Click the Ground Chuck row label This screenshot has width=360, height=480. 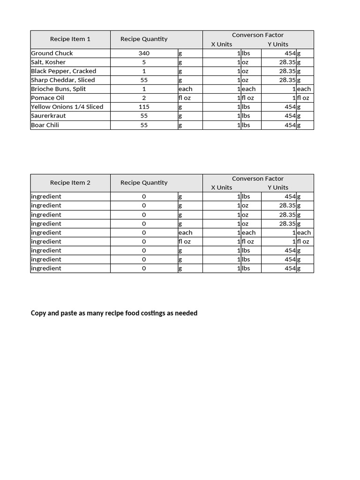[x=52, y=53]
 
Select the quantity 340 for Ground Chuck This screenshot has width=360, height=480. [x=144, y=53]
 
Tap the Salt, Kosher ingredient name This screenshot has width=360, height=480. [x=48, y=62]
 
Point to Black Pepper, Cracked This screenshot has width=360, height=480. [x=63, y=71]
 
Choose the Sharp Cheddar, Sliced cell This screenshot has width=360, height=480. [x=63, y=80]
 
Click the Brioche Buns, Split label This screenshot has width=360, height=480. [x=58, y=89]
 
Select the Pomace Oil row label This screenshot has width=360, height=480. [x=47, y=98]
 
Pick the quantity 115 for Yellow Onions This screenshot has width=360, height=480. [x=144, y=107]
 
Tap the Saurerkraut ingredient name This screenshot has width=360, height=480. [x=48, y=116]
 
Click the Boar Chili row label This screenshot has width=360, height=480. [x=45, y=125]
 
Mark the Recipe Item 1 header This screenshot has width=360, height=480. [x=70, y=39]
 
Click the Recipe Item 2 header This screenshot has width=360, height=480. [x=70, y=183]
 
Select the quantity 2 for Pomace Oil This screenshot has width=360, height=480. [x=144, y=98]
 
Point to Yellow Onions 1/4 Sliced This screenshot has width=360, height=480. [x=67, y=107]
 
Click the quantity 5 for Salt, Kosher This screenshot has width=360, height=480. [x=144, y=62]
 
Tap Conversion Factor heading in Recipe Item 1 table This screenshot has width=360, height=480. [x=258, y=35]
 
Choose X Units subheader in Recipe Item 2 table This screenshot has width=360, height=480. [x=221, y=187]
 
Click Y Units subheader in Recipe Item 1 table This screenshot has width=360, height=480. [x=278, y=45]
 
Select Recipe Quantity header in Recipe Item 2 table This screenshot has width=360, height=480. [x=144, y=183]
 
